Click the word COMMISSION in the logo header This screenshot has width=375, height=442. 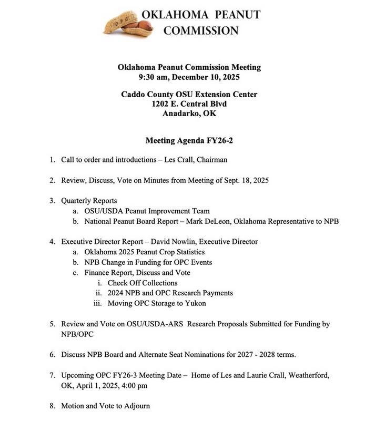(x=200, y=31)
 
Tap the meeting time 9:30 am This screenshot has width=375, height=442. (x=153, y=77)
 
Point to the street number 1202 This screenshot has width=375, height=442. (x=161, y=104)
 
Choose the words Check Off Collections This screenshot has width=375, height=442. (x=143, y=283)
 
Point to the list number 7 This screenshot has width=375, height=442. (x=52, y=375)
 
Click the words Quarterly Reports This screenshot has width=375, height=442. (x=89, y=201)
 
